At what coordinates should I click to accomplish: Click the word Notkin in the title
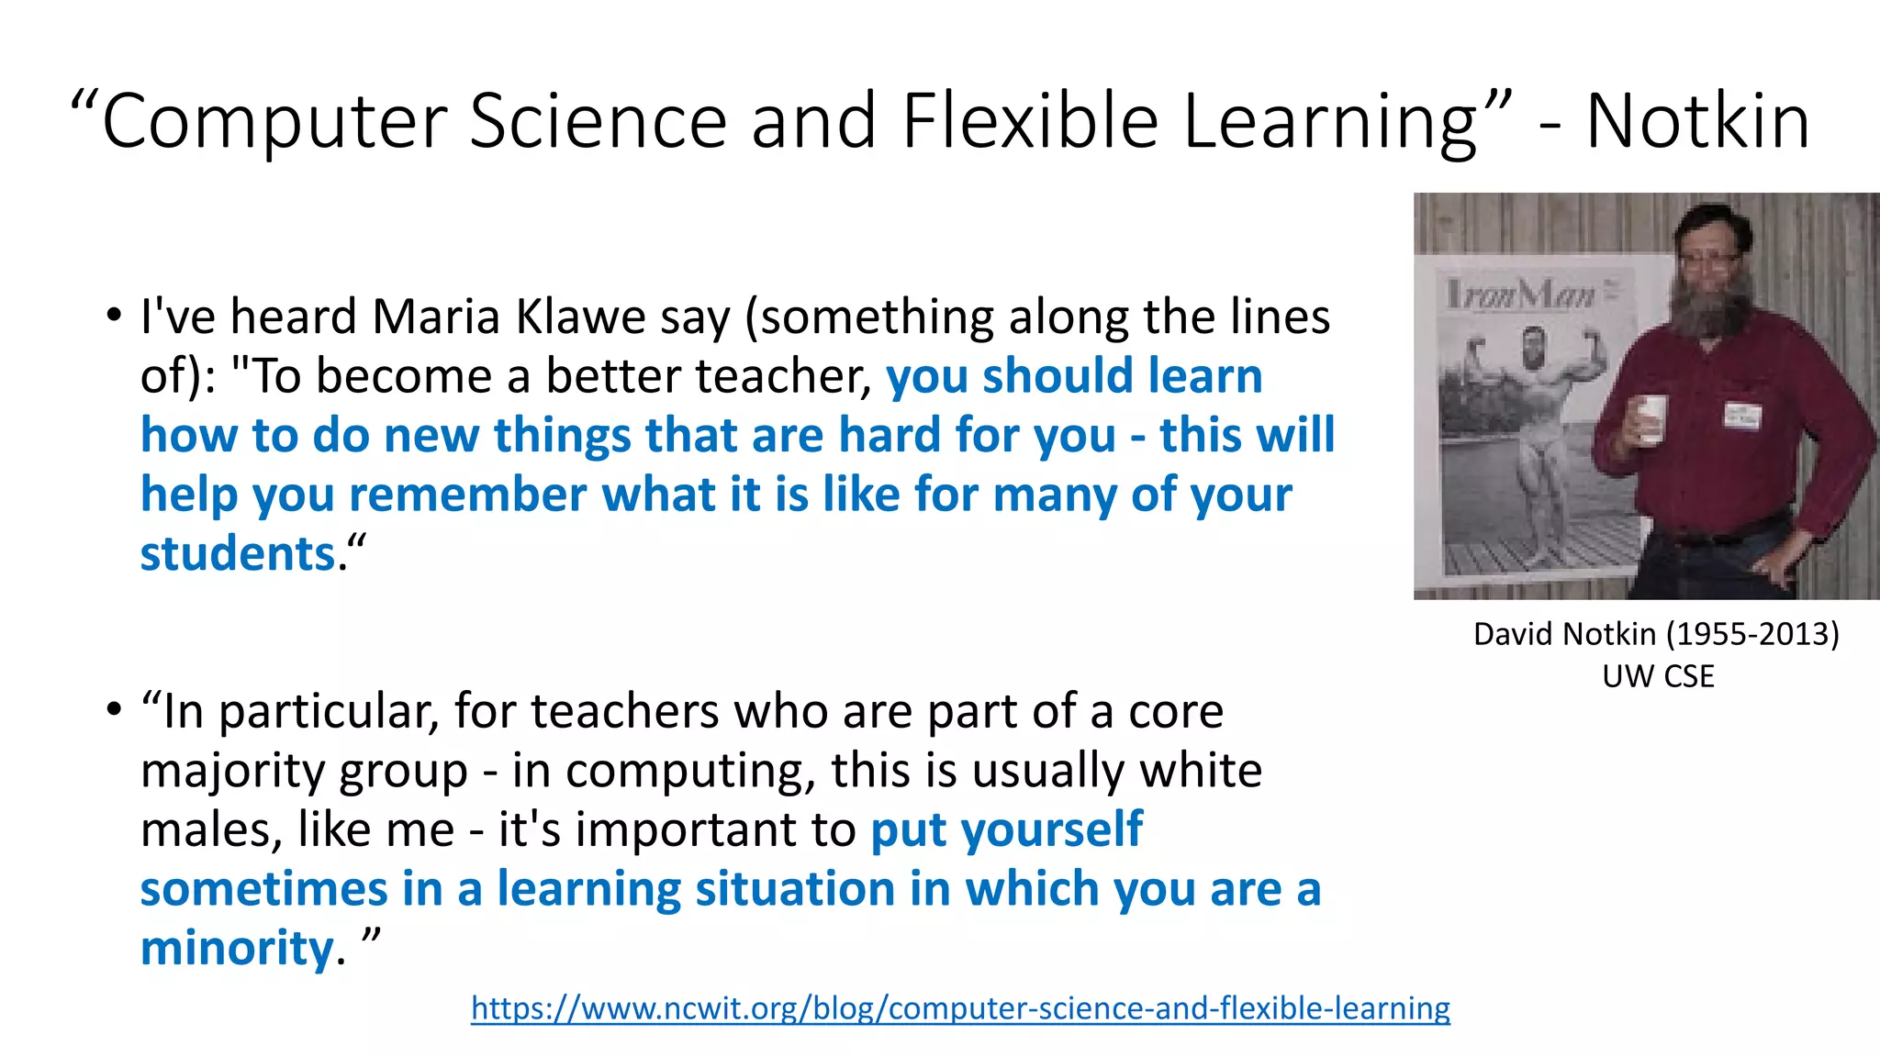coord(1697,121)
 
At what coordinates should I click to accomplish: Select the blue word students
coord(238,554)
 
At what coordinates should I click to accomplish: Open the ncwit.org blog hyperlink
coord(960,1008)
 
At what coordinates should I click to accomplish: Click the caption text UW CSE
coord(1657,676)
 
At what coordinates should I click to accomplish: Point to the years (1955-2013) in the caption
coord(1752,634)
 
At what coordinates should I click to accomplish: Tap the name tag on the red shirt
coord(1741,415)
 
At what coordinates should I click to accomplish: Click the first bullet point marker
coord(113,317)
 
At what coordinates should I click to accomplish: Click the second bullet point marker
coord(113,711)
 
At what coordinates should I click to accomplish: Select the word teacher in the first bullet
coord(780,377)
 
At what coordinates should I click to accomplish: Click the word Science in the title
coord(598,121)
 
